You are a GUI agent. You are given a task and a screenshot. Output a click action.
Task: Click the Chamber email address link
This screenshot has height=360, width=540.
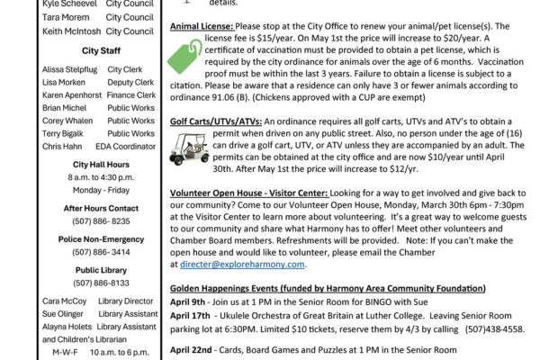(242, 265)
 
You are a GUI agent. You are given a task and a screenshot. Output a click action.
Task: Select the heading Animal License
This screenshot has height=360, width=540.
(200, 26)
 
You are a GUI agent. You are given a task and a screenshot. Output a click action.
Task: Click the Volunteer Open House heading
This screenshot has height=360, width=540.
(251, 193)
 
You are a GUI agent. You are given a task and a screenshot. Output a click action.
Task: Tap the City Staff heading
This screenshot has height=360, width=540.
(101, 51)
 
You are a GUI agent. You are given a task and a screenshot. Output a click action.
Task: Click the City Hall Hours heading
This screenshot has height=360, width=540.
(100, 165)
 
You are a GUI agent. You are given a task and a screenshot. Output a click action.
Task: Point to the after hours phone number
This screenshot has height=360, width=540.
(101, 220)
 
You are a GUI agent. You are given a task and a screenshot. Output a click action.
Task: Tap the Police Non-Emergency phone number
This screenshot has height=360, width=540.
(101, 253)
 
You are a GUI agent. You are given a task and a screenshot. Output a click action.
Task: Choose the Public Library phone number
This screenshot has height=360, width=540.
(101, 283)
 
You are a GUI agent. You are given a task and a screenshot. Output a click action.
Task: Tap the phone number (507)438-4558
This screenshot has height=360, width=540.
(495, 329)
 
